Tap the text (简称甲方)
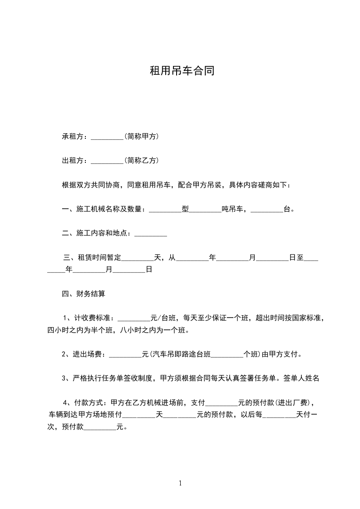[141, 136]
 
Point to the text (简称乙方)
[141, 161]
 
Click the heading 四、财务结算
[84, 294]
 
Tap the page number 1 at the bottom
[180, 483]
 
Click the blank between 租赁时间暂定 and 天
[138, 259]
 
